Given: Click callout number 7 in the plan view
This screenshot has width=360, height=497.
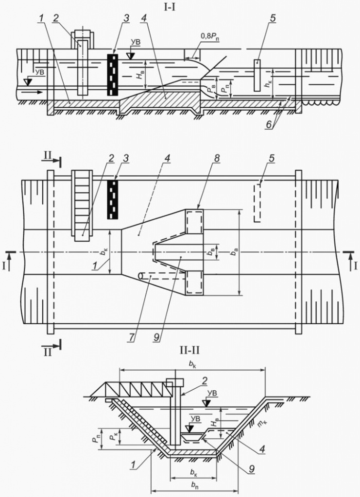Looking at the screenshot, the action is (x=130, y=337).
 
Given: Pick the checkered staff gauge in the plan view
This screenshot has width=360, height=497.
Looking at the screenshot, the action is (x=113, y=199).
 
